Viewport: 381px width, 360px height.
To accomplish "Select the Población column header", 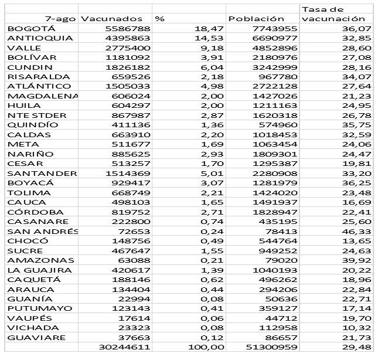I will tap(257, 19).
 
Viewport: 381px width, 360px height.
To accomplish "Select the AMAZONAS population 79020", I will tap(280, 260).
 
